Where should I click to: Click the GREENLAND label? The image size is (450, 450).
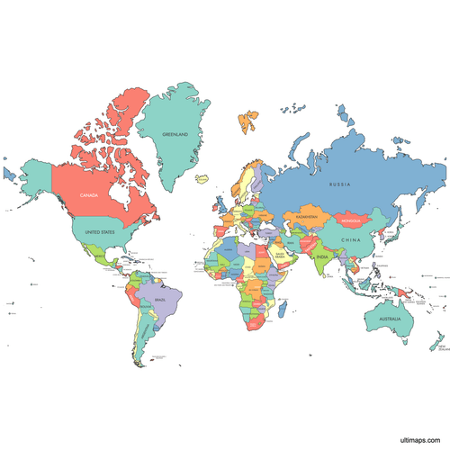175,134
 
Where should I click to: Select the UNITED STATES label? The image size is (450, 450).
99,232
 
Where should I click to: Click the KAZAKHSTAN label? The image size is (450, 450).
306,217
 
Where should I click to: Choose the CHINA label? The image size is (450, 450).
351,241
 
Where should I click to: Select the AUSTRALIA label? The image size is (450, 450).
390,319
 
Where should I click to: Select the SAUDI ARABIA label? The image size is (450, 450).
281,256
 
